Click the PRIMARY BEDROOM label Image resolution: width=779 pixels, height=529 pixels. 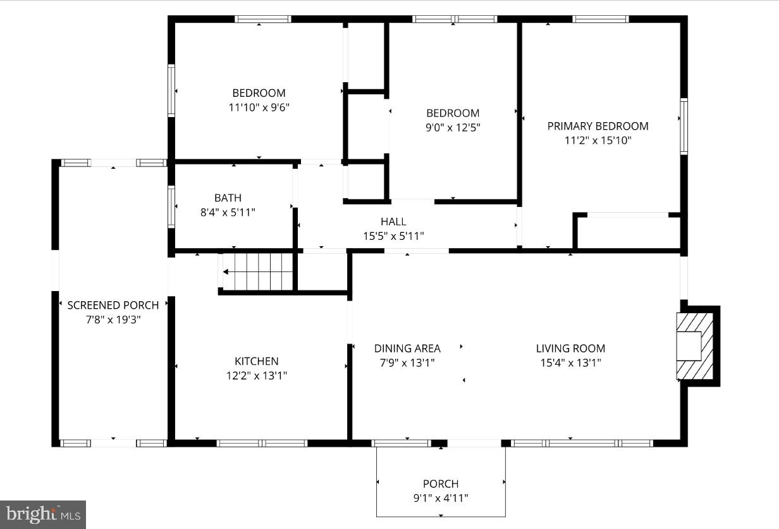pyautogui.click(x=598, y=126)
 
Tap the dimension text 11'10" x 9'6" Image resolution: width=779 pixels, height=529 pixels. pyautogui.click(x=259, y=107)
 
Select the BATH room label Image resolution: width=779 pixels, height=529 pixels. pyautogui.click(x=228, y=198)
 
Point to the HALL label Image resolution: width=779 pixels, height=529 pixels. pyautogui.click(x=393, y=221)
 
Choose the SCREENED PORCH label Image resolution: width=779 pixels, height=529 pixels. pyautogui.click(x=113, y=305)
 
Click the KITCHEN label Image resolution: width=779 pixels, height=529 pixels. pyautogui.click(x=257, y=361)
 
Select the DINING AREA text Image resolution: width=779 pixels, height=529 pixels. pyautogui.click(x=407, y=348)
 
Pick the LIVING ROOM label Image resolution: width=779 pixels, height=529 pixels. pyautogui.click(x=570, y=348)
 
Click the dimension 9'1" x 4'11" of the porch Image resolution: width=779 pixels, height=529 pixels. pyautogui.click(x=441, y=498)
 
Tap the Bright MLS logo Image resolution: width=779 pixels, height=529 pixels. pyautogui.click(x=42, y=514)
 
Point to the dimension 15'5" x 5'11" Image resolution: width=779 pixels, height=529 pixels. pyautogui.click(x=393, y=236)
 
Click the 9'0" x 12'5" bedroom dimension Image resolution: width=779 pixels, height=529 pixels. pyautogui.click(x=453, y=127)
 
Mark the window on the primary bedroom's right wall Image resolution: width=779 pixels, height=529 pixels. pyautogui.click(x=684, y=126)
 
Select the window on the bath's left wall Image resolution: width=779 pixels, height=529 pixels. pyautogui.click(x=171, y=207)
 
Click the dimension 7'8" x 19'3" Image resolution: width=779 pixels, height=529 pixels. pyautogui.click(x=113, y=320)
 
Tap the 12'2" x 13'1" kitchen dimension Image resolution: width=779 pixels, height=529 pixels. pyautogui.click(x=257, y=375)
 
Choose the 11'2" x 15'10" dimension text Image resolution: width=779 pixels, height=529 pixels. pyautogui.click(x=598, y=140)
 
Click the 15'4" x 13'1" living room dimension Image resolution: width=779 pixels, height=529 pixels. pyautogui.click(x=570, y=363)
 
